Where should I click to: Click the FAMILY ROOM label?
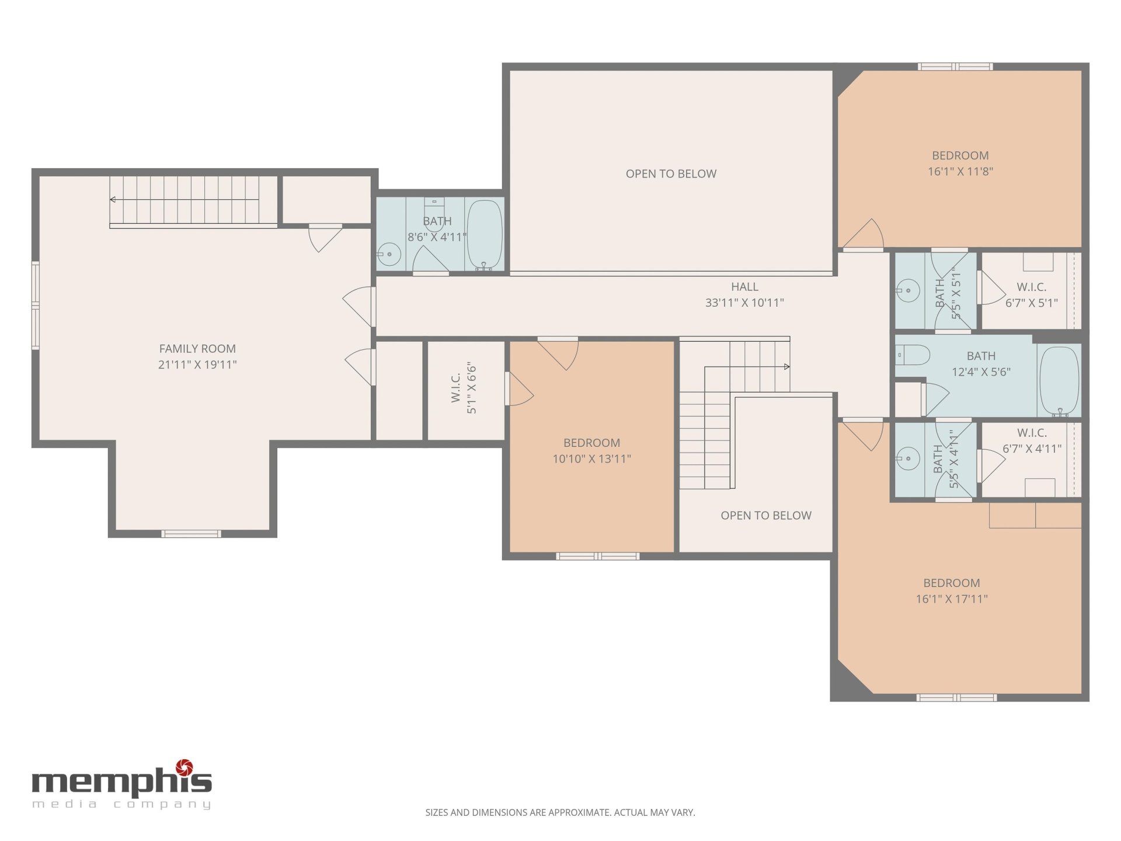pyautogui.click(x=197, y=349)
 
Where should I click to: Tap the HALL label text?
pyautogui.click(x=744, y=287)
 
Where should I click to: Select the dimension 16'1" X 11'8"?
pyautogui.click(x=960, y=171)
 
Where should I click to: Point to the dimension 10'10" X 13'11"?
pyautogui.click(x=591, y=459)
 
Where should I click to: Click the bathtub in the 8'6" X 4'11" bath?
pyautogui.click(x=485, y=235)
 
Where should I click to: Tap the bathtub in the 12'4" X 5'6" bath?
pyautogui.click(x=1059, y=381)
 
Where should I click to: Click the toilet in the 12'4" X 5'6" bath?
pyautogui.click(x=913, y=355)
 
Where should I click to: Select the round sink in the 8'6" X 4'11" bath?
pyautogui.click(x=388, y=254)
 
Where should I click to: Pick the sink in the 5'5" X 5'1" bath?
pyautogui.click(x=908, y=290)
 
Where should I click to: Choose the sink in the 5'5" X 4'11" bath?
pyautogui.click(x=908, y=458)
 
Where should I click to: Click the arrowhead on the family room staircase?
pyautogui.click(x=113, y=200)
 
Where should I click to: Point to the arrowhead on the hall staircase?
pyautogui.click(x=786, y=367)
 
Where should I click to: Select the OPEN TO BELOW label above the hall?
pyautogui.click(x=671, y=173)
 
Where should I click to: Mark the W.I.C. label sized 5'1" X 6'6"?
pyautogui.click(x=456, y=388)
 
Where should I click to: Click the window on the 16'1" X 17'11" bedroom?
pyautogui.click(x=956, y=697)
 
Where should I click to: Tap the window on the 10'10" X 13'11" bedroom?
pyautogui.click(x=597, y=556)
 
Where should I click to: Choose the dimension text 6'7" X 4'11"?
pyautogui.click(x=1032, y=449)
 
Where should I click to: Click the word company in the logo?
pyautogui.click(x=162, y=805)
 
